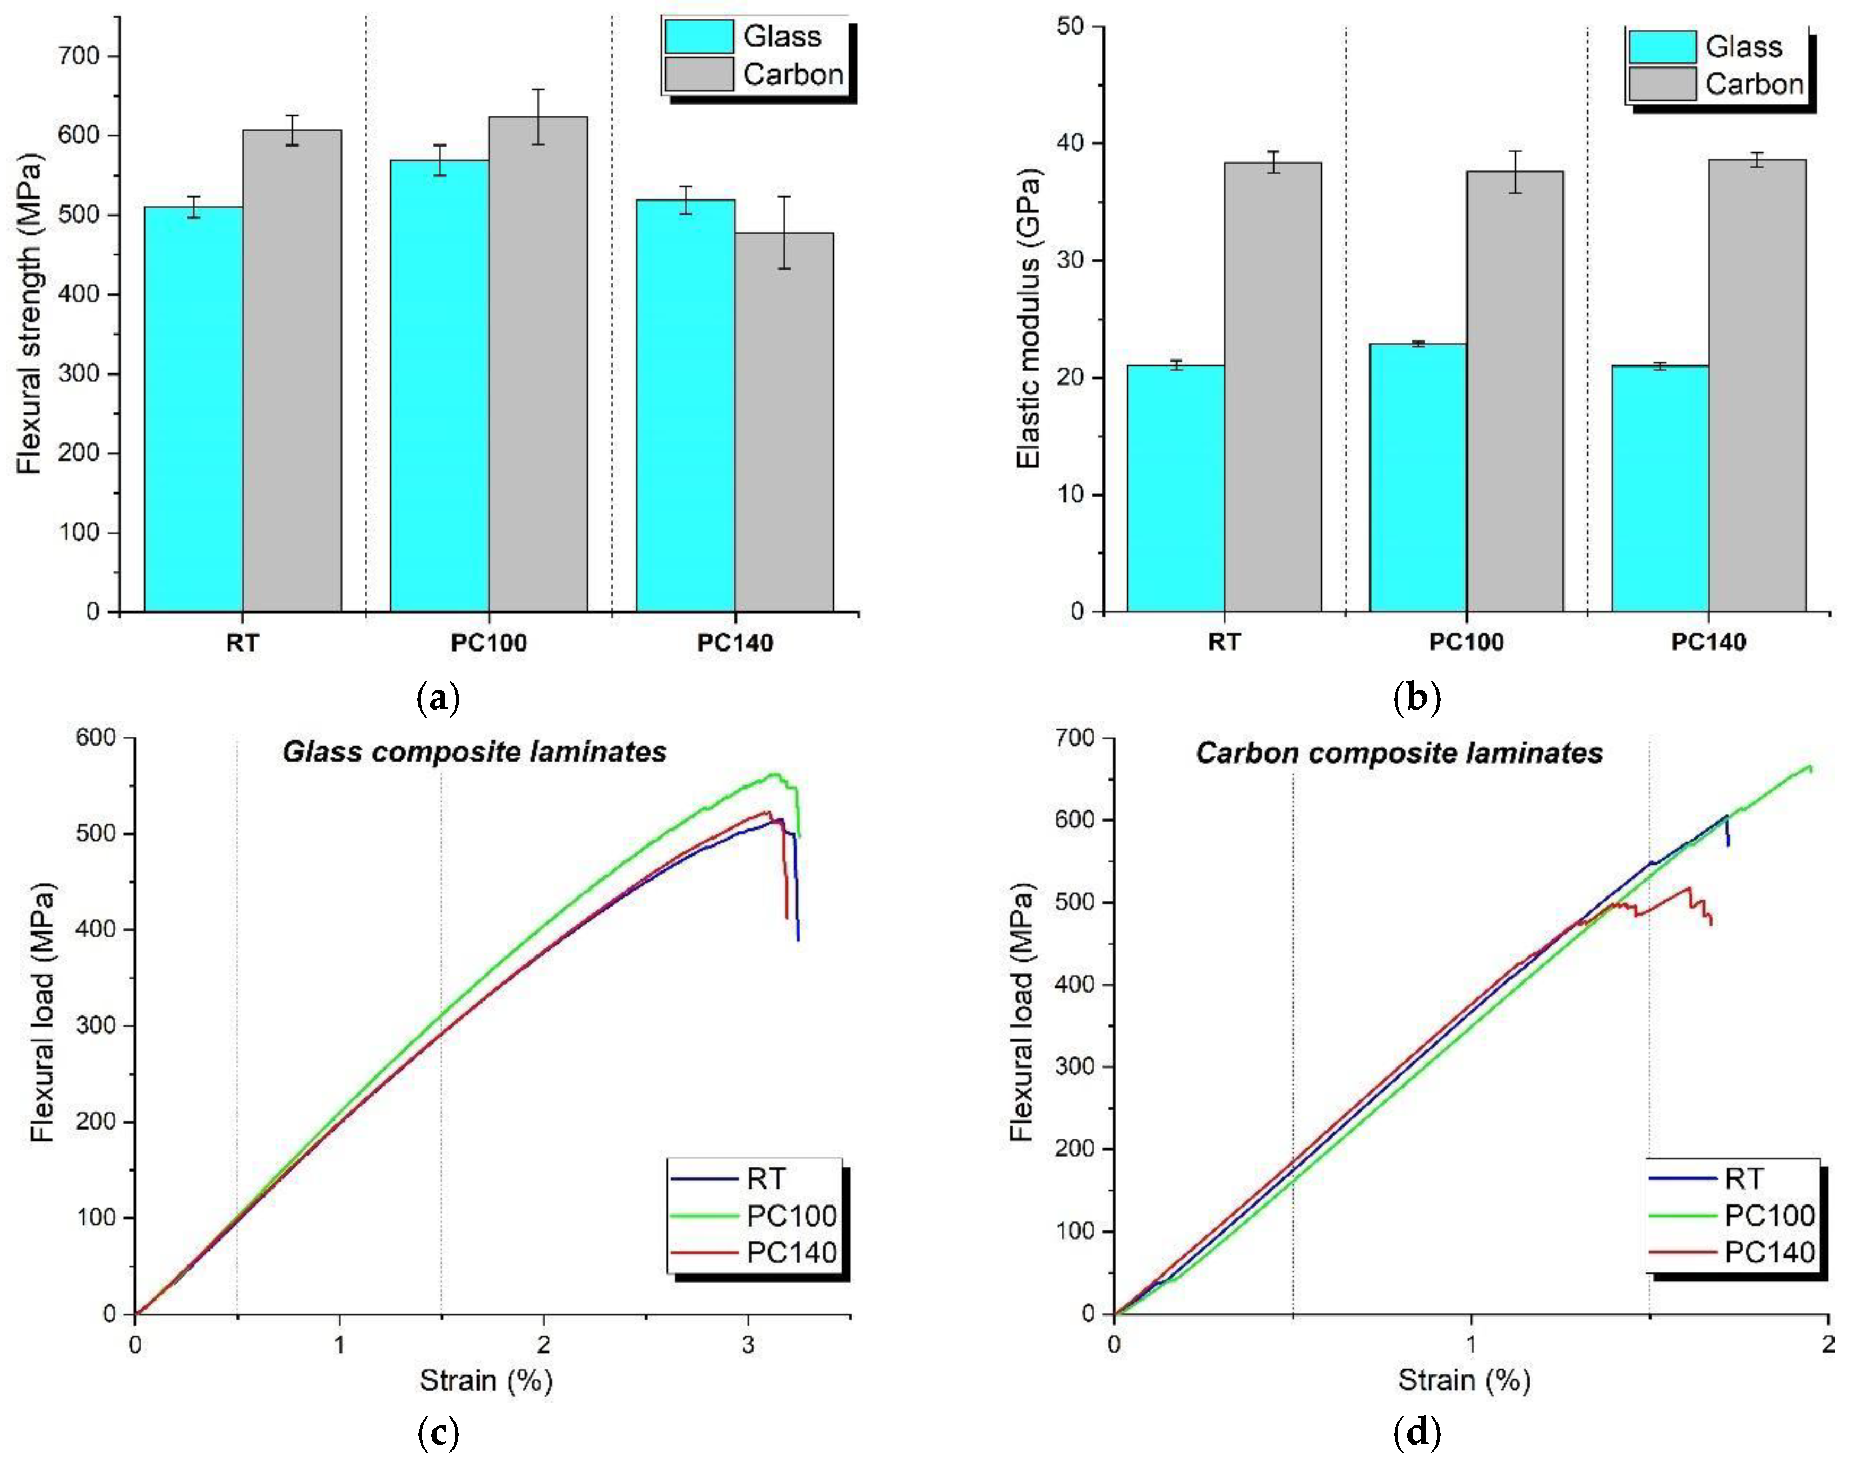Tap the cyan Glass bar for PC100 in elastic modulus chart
(1417, 477)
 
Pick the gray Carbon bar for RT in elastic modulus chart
(1272, 387)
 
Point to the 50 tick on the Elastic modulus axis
(1071, 27)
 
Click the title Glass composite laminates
(474, 752)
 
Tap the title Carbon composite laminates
(1398, 753)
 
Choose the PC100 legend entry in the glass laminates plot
(790, 1215)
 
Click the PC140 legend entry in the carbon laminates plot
(1768, 1252)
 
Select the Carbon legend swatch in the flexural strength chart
(699, 74)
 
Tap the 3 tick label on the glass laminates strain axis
(747, 1344)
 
